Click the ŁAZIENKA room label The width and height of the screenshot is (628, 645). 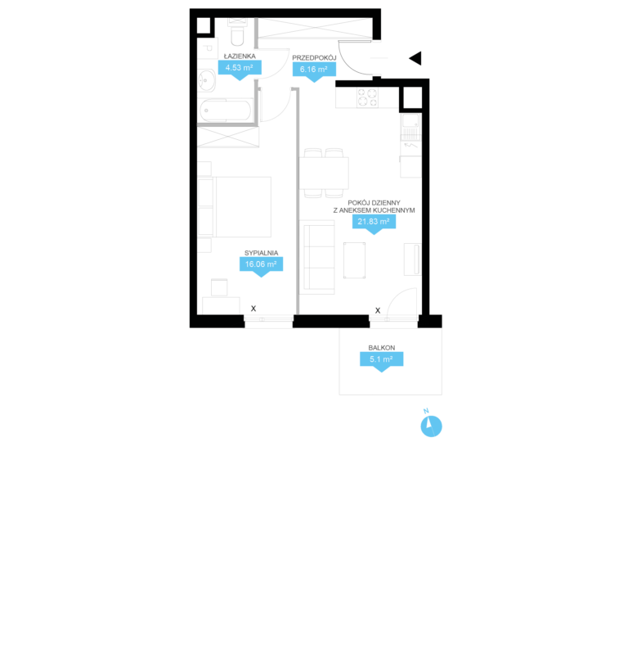tap(240, 56)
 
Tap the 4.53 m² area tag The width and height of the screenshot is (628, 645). tap(240, 68)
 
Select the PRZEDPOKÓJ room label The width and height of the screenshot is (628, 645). tap(315, 57)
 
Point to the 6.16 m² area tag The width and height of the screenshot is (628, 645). tap(315, 70)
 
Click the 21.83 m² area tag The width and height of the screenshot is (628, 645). tap(374, 222)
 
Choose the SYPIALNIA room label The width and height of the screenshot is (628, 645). tap(262, 253)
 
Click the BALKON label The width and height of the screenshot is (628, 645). tap(382, 348)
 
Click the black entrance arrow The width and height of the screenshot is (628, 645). tap(415, 58)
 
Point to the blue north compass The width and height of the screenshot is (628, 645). tap(431, 426)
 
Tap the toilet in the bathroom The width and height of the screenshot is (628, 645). tap(238, 32)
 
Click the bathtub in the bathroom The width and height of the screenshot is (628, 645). tap(226, 111)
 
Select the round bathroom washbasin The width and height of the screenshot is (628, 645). tap(207, 80)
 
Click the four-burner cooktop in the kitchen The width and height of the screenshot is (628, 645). tap(367, 97)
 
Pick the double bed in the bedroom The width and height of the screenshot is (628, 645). tap(235, 207)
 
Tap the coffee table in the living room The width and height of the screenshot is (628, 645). tap(354, 260)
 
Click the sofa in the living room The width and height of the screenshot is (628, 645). tap(319, 257)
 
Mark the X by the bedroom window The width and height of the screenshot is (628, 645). tap(253, 309)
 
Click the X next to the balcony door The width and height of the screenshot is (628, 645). tap(378, 310)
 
